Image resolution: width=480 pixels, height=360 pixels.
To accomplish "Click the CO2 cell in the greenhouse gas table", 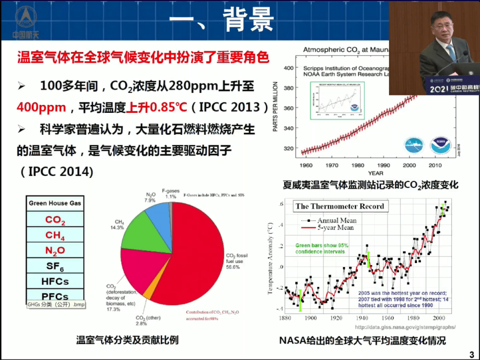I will (55, 219).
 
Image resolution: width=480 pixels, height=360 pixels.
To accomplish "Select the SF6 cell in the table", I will (55, 266).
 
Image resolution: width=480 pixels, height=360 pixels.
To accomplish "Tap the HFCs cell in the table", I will (55, 281).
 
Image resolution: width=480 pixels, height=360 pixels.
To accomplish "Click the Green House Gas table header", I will (55, 203).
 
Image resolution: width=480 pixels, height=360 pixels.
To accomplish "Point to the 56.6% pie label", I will (233, 267).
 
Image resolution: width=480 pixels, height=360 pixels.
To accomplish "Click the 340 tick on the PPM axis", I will (288, 128).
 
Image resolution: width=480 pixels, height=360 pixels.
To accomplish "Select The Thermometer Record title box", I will (340, 206).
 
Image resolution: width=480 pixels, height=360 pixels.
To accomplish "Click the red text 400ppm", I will (41, 107).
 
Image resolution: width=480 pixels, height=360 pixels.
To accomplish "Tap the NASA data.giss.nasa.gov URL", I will (404, 327).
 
